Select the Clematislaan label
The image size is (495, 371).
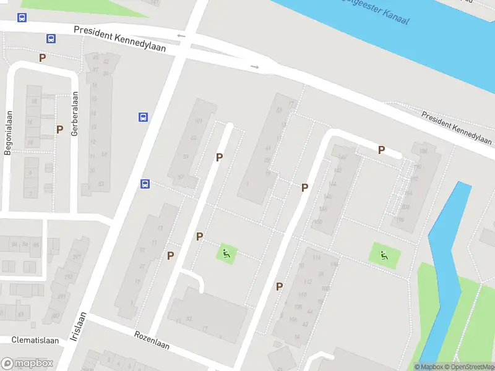click(x=35, y=340)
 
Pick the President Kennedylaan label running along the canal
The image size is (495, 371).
click(x=457, y=124)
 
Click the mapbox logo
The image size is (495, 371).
click(x=27, y=364)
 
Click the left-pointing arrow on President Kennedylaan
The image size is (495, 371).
click(x=181, y=35)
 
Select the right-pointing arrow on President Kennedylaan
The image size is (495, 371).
click(x=254, y=66)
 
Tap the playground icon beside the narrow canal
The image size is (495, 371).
click(x=384, y=254)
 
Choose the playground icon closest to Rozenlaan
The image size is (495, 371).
click(x=226, y=253)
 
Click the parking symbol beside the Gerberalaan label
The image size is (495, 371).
click(x=59, y=130)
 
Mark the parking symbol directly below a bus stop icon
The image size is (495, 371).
click(x=42, y=58)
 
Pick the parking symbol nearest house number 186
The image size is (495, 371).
click(x=381, y=150)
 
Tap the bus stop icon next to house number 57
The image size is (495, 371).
click(x=144, y=183)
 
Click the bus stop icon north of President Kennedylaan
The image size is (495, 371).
click(x=22, y=18)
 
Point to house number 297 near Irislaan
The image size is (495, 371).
click(x=77, y=257)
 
